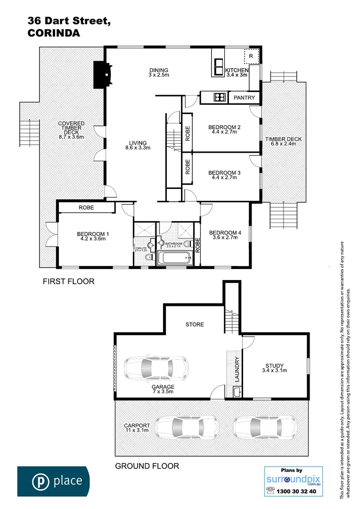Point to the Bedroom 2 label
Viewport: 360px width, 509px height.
(224, 127)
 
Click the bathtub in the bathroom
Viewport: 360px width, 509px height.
(175, 258)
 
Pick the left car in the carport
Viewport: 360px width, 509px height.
(187, 427)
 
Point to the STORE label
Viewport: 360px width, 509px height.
(194, 324)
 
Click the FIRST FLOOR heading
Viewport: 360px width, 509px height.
(68, 282)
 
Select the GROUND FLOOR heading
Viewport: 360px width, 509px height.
(147, 466)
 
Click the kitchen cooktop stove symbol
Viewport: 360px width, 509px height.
(220, 98)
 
